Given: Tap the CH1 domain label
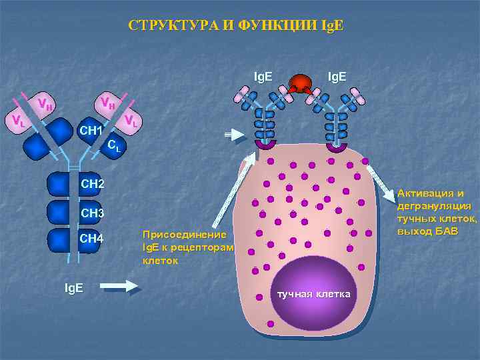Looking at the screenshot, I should pyautogui.click(x=90, y=129).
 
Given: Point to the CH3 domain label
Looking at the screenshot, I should pyautogui.click(x=92, y=213).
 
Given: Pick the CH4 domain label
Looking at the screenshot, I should pyautogui.click(x=92, y=238).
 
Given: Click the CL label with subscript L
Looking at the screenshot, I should pyautogui.click(x=114, y=145).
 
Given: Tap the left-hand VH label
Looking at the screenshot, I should pyautogui.click(x=45, y=104).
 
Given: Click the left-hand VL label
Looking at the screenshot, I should pyautogui.click(x=18, y=121).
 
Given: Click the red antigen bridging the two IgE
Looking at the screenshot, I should pyautogui.click(x=301, y=83).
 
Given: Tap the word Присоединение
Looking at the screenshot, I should pyautogui.click(x=185, y=235).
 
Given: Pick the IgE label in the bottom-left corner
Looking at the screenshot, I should pyautogui.click(x=73, y=287).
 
